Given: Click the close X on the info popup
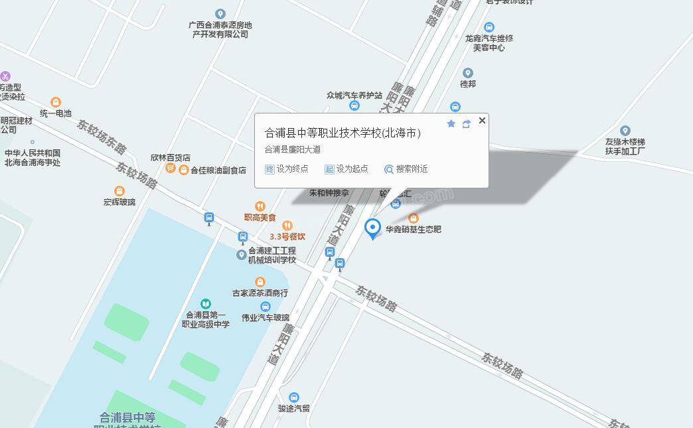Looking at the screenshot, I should point(482,120).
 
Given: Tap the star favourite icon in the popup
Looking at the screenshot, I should point(451,124).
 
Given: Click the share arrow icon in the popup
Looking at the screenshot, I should point(466,124).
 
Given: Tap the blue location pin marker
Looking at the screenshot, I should point(373,228).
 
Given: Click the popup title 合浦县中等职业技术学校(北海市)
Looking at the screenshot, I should point(343,133).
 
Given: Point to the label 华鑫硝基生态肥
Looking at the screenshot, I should point(414,230).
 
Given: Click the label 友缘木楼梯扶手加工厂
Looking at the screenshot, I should point(625,146).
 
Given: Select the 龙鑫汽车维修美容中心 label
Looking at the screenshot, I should point(489,42).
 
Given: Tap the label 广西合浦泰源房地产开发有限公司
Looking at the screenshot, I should point(220,29).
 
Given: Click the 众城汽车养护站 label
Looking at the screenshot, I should point(354,96).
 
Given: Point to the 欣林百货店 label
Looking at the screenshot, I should point(171,158).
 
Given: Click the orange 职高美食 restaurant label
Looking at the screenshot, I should point(260,217).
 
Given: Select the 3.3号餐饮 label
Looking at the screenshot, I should point(287,236).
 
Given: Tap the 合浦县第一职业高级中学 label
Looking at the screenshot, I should point(206,319).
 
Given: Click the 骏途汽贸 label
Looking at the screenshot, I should point(294,408).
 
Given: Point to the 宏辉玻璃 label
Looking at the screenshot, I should point(119,202).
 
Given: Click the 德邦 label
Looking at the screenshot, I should point(468,84).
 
